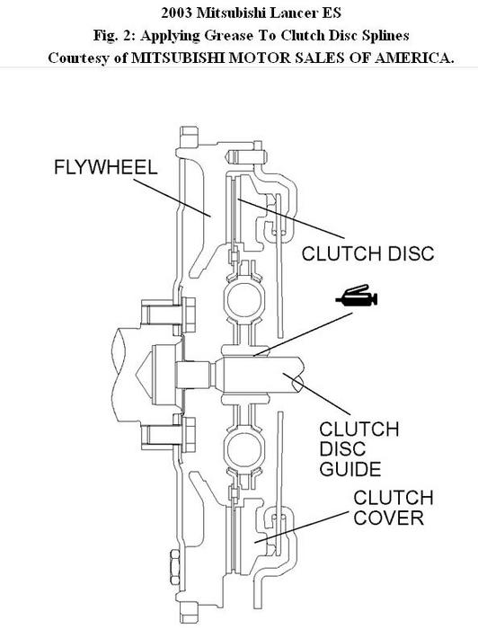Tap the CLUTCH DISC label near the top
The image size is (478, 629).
click(x=367, y=254)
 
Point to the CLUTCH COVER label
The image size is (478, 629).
click(x=393, y=509)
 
